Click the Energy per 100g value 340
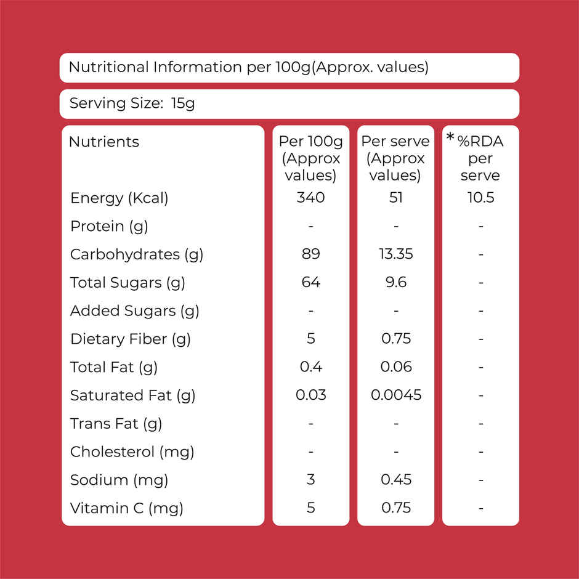point(310,198)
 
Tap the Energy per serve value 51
point(395,198)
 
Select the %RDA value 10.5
point(480,198)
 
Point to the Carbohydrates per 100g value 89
point(310,254)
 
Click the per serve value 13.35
point(395,254)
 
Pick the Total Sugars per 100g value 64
point(310,282)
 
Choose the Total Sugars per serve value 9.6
point(396,282)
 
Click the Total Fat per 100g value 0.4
point(310,366)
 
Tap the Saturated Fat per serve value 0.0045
point(396,395)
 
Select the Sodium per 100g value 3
point(310,479)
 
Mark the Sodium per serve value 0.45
point(396,479)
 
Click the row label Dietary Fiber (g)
point(131,339)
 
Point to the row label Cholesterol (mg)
point(132,452)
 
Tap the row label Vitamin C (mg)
point(127,508)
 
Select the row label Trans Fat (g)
point(116,424)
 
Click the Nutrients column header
point(103,142)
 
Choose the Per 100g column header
point(310,158)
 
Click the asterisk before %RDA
point(450,137)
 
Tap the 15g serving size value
point(183,103)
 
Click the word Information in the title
point(198,67)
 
